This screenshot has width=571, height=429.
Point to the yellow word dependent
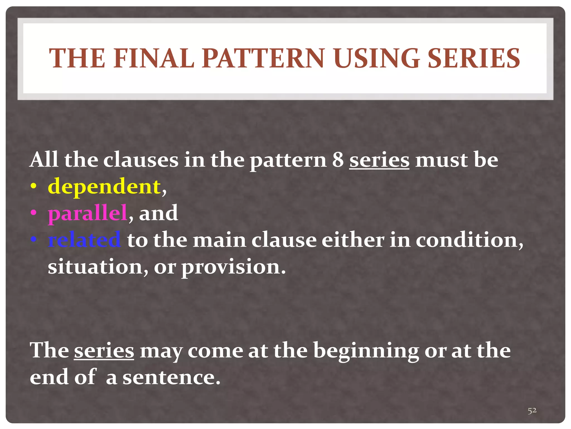[104, 187]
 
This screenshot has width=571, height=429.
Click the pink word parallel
[88, 213]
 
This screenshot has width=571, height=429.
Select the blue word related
[84, 240]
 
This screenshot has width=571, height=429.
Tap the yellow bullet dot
[33, 187]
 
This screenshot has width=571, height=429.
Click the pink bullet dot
[33, 213]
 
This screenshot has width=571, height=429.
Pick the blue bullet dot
[33, 240]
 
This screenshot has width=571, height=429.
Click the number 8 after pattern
[338, 160]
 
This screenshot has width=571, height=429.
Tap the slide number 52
[532, 410]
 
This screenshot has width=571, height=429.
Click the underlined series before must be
[379, 160]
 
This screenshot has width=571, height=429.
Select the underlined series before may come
[104, 351]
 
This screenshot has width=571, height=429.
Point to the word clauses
[141, 160]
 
